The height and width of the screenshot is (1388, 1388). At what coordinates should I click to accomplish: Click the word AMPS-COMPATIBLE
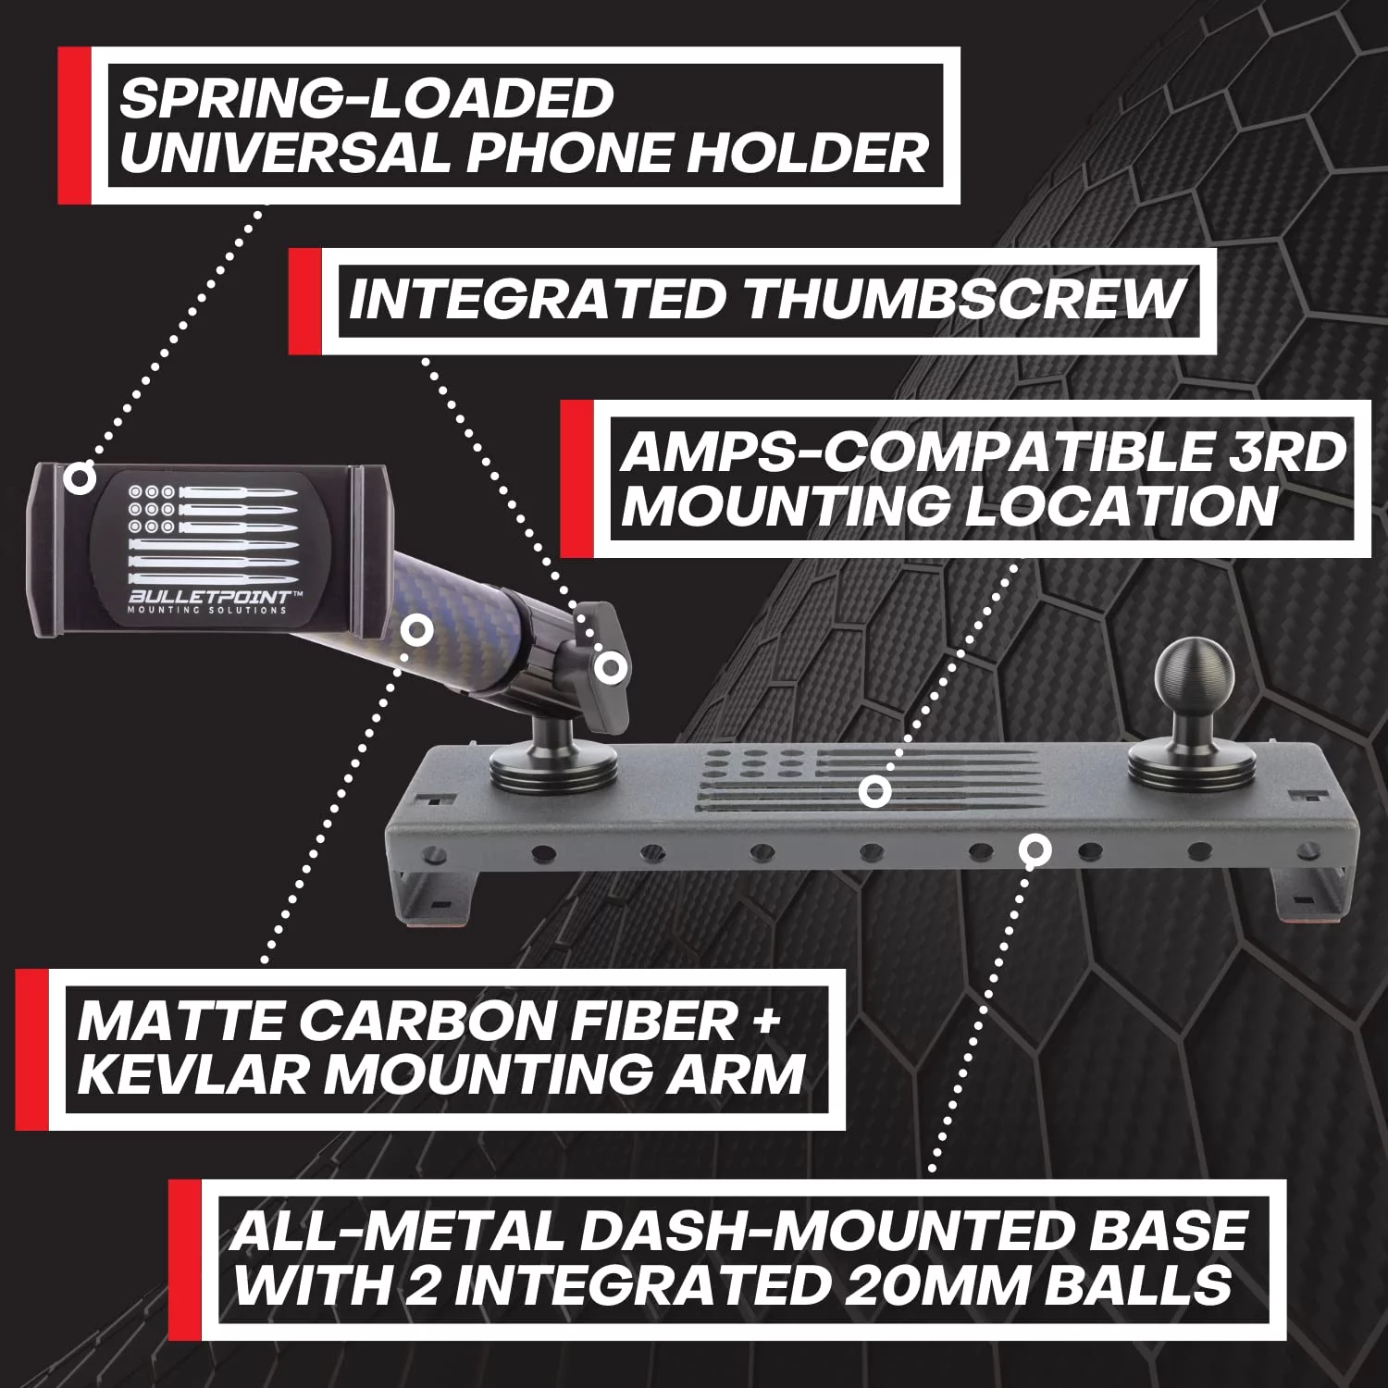pos(910,452)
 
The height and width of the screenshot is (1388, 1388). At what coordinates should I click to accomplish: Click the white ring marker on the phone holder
pos(80,478)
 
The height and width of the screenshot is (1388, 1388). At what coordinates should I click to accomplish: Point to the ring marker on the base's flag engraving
pos(874,791)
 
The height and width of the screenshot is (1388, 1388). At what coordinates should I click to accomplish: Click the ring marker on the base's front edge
pos(1034,849)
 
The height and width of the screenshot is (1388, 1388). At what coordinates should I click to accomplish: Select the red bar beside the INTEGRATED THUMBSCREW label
pos(305,301)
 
